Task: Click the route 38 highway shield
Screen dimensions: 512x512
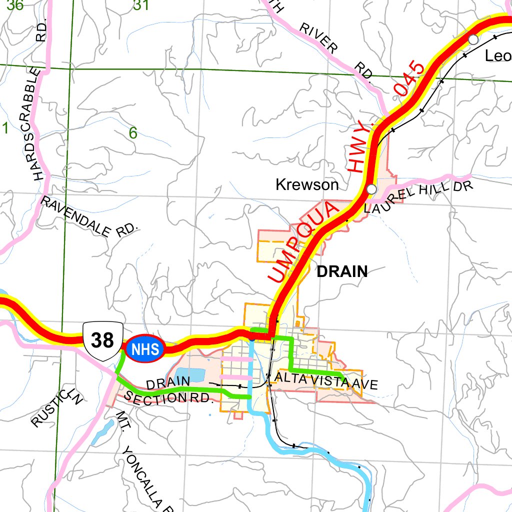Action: pyautogui.click(x=103, y=341)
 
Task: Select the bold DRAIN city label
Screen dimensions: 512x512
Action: pyautogui.click(x=342, y=272)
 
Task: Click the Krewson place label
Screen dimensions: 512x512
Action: pyautogui.click(x=307, y=185)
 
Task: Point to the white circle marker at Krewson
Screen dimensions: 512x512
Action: pyautogui.click(x=371, y=189)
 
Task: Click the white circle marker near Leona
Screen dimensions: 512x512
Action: pyautogui.click(x=473, y=39)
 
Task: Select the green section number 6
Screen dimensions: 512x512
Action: pyautogui.click(x=133, y=133)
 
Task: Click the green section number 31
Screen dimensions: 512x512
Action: pyautogui.click(x=141, y=5)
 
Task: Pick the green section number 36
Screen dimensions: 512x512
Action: pyautogui.click(x=12, y=5)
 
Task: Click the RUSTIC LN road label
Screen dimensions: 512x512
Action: pyautogui.click(x=56, y=408)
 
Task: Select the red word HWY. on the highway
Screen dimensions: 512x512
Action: pyautogui.click(x=361, y=149)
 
